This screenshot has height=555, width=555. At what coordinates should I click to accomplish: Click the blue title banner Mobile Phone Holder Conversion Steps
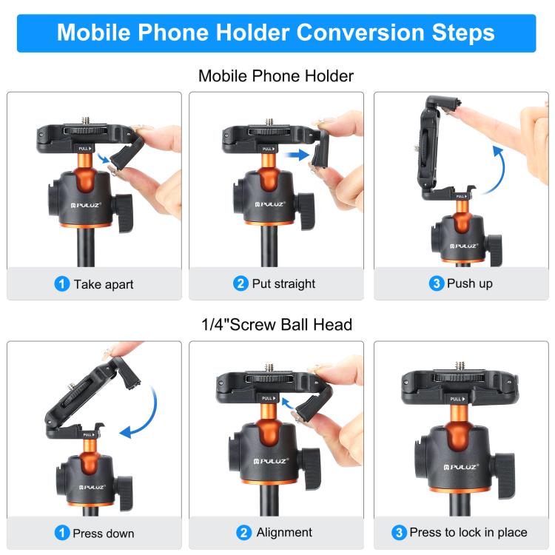pos(276,33)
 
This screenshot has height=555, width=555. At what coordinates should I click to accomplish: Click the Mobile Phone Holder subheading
pos(276,75)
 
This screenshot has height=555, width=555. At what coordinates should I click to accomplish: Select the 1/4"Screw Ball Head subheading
pos(276,324)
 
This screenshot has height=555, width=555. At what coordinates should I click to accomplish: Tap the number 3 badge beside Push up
pos(437,284)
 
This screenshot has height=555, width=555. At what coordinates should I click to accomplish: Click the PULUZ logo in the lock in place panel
pos(455,467)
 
